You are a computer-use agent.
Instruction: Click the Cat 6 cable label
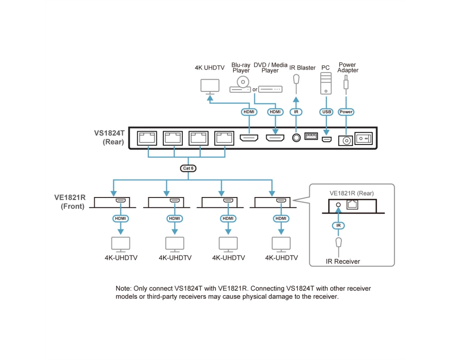click(x=188, y=168)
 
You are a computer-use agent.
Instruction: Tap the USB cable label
click(x=326, y=112)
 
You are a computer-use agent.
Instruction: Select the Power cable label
click(x=346, y=112)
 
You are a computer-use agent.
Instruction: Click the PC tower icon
click(x=326, y=83)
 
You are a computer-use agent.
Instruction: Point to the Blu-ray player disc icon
click(x=243, y=82)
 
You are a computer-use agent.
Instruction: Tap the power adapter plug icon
click(x=346, y=84)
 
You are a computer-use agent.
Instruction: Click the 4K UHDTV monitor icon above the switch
click(x=210, y=86)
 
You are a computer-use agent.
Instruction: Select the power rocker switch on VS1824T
click(x=364, y=138)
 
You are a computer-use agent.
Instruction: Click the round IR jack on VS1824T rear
click(x=296, y=138)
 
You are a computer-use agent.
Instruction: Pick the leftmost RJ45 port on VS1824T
click(x=147, y=138)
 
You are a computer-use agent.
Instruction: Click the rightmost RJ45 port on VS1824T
click(x=224, y=138)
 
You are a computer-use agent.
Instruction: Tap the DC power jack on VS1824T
click(x=346, y=141)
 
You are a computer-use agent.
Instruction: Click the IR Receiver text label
click(x=342, y=261)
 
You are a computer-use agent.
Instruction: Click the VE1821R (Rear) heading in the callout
click(x=351, y=193)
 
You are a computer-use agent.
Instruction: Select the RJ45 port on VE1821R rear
click(x=352, y=205)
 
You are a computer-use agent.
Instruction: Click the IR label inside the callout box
click(x=338, y=225)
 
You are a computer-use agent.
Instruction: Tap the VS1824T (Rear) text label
click(x=109, y=138)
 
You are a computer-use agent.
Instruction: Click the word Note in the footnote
click(x=123, y=288)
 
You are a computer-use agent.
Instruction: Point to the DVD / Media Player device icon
click(x=270, y=89)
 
